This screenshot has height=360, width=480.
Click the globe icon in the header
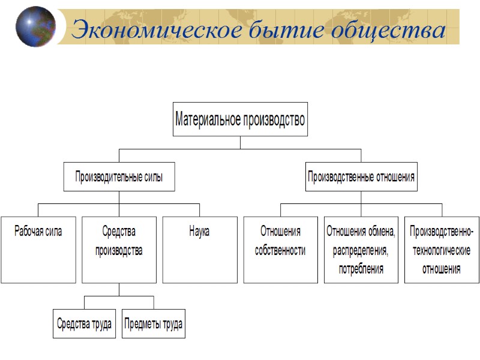pos(36,26)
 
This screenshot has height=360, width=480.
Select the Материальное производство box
pos(240,119)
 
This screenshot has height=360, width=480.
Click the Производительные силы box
pos(119,177)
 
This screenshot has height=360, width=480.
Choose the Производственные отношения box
pos(361,177)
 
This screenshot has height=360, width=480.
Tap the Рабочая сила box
pos(38,250)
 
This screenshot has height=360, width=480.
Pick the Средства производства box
pos(119,250)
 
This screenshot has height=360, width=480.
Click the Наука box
pos(200,250)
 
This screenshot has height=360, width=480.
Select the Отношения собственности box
pos(280,250)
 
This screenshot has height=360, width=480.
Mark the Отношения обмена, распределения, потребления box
pos(361,250)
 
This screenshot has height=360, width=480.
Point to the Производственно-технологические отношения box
pos(442,250)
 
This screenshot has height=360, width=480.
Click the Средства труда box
pos(84,324)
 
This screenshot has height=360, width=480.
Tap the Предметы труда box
pos(154,324)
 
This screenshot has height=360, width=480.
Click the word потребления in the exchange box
pos(361,269)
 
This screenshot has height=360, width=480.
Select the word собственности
pos(280,250)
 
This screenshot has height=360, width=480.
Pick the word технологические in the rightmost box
pos(442,250)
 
